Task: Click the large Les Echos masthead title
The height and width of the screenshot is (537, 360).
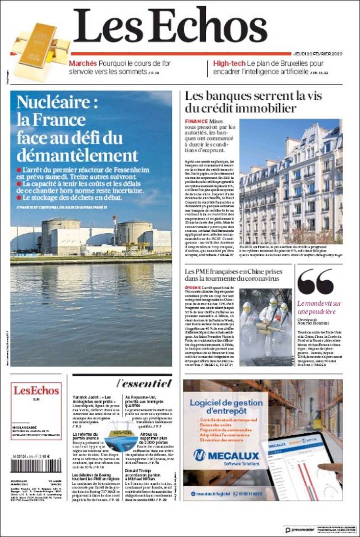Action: pyautogui.click(x=170, y=26)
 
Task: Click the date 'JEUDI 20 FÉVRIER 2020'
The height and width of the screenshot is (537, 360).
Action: pyautogui.click(x=317, y=53)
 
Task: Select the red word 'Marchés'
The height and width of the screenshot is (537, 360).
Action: pyautogui.click(x=83, y=63)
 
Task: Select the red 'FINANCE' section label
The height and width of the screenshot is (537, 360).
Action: pyautogui.click(x=196, y=122)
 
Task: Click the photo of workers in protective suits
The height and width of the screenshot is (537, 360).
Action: pyautogui.click(x=265, y=326)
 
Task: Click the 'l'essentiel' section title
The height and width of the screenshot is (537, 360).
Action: pyautogui.click(x=144, y=383)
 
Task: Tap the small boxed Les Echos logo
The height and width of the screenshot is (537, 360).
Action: pyautogui.click(x=36, y=391)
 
